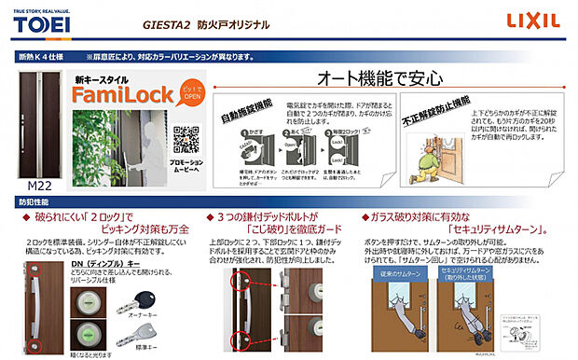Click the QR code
tap(187, 139)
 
